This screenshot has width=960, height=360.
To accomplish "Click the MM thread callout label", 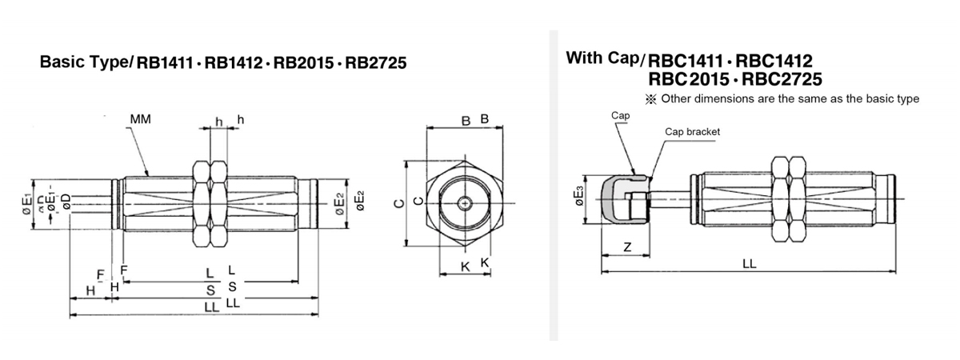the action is tap(141, 119).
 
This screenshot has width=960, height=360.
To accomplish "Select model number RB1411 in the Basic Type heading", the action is tap(165, 63).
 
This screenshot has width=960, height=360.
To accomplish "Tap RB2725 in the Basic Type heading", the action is tap(376, 63).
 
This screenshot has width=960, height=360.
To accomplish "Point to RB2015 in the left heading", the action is tap(303, 63).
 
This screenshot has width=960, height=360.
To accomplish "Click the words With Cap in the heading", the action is tap(602, 58).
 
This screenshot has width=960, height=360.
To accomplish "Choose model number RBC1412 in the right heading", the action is tap(774, 62).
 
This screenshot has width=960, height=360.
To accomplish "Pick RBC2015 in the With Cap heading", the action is tap(689, 79).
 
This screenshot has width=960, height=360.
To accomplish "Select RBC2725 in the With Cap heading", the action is tap(782, 79).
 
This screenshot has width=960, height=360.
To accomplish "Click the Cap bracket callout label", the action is tap(692, 131).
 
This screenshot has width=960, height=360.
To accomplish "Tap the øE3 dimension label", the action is tap(579, 196).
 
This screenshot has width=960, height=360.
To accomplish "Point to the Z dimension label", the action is tap(627, 247).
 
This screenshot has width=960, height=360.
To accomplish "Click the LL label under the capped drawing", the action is tap(750, 263).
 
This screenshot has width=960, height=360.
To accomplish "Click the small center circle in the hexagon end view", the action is tap(465, 203).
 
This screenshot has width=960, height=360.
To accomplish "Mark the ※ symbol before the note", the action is tap(650, 99).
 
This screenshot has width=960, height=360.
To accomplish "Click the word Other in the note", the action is tap(676, 99).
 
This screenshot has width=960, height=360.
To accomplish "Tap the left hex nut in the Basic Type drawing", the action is tap(202, 203).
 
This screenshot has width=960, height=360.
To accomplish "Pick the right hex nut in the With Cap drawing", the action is tap(797, 199).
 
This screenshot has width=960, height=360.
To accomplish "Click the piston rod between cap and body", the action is tap(670, 199).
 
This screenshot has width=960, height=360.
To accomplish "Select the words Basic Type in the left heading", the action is tap(84, 62).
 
